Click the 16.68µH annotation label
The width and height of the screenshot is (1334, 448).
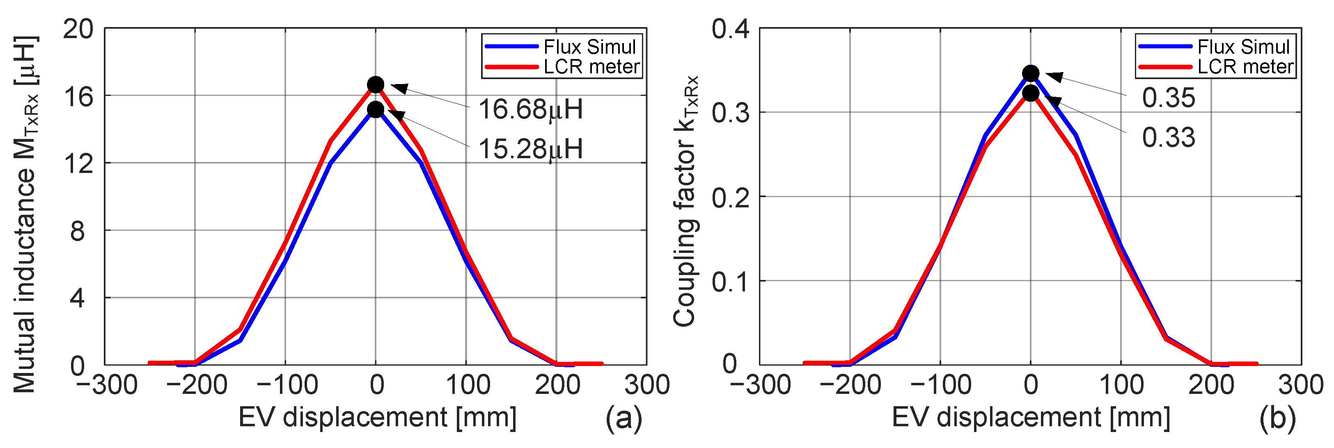530,110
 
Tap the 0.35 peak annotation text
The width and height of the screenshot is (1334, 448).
1168,98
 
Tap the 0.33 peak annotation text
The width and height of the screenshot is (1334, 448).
1168,138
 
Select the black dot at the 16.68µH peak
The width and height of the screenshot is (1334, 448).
376,84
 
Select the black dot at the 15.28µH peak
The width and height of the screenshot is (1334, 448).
376,109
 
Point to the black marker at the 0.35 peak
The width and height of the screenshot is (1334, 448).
1031,73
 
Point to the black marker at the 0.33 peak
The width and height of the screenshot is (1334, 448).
1031,93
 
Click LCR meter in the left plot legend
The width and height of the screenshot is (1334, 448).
591,67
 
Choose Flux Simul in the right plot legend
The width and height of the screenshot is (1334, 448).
1243,47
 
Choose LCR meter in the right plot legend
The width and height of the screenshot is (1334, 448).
1245,67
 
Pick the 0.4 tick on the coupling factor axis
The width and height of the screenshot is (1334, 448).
730,29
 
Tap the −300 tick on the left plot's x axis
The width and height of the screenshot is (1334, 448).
106,385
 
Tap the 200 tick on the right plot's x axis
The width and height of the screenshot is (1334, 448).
1211,385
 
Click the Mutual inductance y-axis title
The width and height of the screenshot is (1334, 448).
25,215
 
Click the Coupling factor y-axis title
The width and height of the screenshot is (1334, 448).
685,202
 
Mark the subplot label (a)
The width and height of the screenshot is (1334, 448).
623,418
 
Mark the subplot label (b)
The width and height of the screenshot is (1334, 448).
1277,418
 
